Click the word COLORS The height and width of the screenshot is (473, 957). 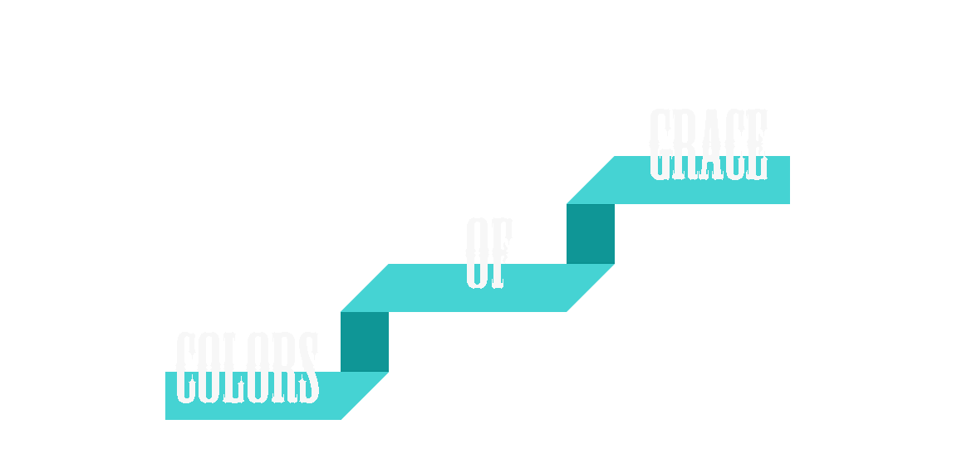[247, 368]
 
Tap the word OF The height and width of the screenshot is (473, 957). [488, 253]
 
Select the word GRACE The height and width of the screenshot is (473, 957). [708, 144]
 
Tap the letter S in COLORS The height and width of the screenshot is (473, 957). [307, 368]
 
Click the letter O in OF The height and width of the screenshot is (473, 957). [477, 253]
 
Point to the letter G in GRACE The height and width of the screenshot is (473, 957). [660, 144]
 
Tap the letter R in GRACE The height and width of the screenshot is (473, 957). [685, 144]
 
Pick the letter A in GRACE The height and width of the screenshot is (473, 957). [709, 144]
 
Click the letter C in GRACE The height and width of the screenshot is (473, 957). [732, 144]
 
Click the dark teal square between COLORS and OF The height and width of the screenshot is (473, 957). [365, 342]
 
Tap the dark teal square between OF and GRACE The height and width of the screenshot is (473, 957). [591, 234]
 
